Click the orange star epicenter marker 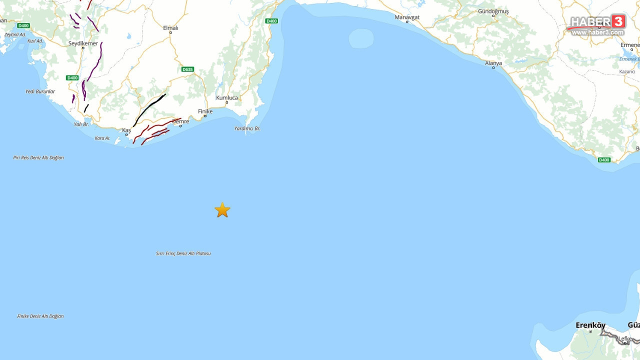tap(222, 210)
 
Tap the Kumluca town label tap(227, 97)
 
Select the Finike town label tap(205, 111)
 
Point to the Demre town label tap(180, 121)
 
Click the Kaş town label tap(126, 130)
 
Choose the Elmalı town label tap(170, 28)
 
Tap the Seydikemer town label tap(83, 43)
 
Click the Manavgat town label tap(407, 17)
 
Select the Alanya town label tap(493, 63)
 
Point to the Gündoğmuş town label tap(493, 11)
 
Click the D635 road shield tap(187, 69)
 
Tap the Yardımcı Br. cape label tap(247, 128)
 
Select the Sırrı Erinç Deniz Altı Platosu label tap(183, 253)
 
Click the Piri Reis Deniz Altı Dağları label tap(38, 157)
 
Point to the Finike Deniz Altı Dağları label tap(40, 316)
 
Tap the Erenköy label tap(590, 325)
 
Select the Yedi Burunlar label tap(40, 91)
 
